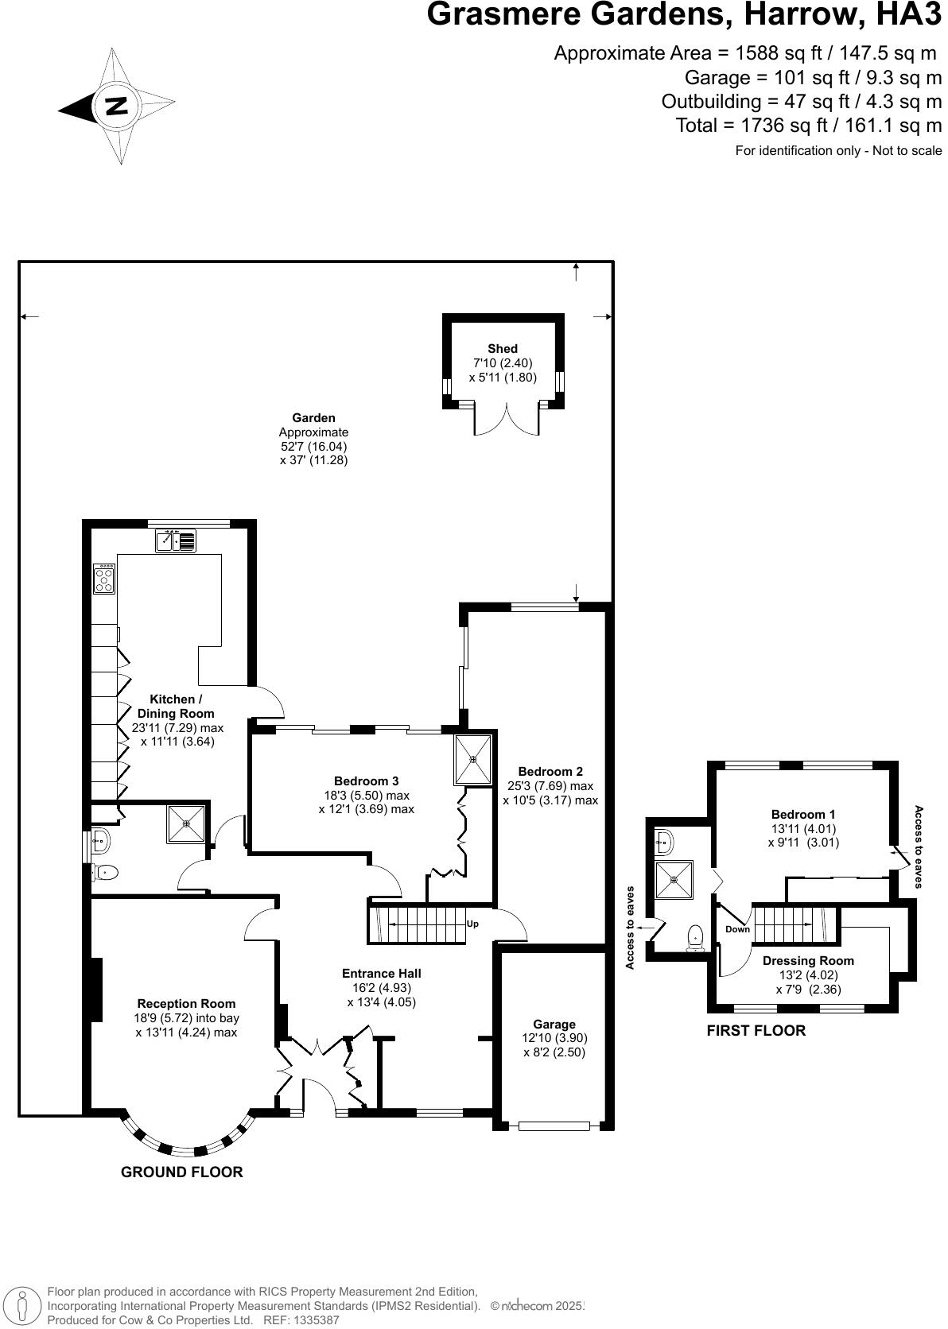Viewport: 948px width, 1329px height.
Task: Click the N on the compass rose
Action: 117,106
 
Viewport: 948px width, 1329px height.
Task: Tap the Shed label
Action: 502,349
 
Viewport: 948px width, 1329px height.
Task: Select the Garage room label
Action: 554,1025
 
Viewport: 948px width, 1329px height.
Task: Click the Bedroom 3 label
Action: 366,781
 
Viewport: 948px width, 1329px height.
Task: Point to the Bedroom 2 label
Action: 550,771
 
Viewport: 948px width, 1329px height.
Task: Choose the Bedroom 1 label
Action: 803,814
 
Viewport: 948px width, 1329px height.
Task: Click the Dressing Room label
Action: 808,960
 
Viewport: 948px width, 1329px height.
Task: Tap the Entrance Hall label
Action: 381,973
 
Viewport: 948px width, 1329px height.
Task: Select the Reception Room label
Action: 186,1003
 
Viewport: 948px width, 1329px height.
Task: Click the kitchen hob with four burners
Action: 104,579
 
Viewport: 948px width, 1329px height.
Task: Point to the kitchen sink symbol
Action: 176,541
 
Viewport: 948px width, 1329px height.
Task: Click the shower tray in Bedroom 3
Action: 473,759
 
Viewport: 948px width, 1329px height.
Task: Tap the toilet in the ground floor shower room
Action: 105,873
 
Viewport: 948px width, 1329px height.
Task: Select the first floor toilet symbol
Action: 696,937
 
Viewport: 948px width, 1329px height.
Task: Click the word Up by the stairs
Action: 472,924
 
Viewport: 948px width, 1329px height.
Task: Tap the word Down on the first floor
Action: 737,929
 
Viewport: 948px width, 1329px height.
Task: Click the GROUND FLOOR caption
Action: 181,1172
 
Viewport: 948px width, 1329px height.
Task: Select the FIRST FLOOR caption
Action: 756,1031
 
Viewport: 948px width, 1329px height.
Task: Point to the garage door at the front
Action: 554,1126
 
